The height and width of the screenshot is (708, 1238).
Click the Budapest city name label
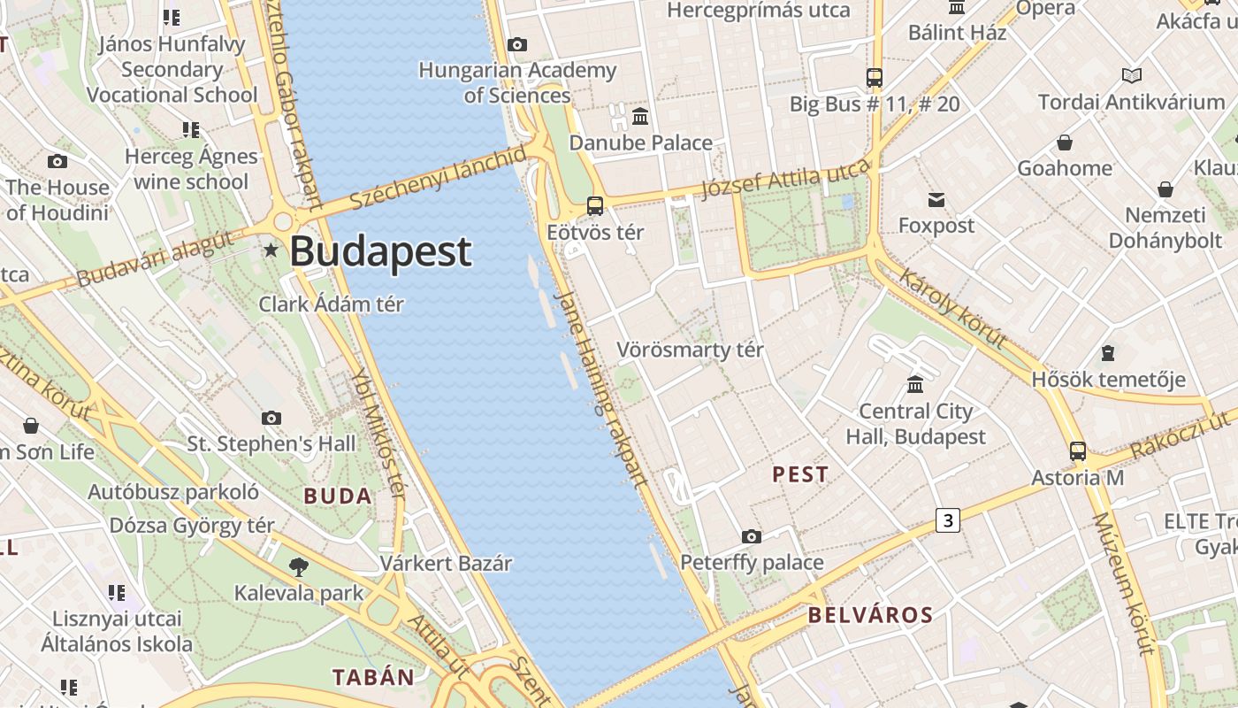pyautogui.click(x=380, y=251)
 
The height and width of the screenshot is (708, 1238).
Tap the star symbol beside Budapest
pyautogui.click(x=271, y=251)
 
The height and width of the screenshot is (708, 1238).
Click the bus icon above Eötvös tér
pyautogui.click(x=595, y=206)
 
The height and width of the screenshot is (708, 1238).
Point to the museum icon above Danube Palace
pyautogui.click(x=640, y=116)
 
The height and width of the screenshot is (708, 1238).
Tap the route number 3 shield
pyautogui.click(x=948, y=520)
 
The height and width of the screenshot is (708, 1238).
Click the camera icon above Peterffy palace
pyautogui.click(x=751, y=536)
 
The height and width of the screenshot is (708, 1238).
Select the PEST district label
pyautogui.click(x=800, y=474)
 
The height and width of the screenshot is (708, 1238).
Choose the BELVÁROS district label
pyautogui.click(x=870, y=615)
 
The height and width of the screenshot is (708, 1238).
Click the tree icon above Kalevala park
pyautogui.click(x=298, y=567)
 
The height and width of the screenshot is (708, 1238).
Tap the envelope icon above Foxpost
pyautogui.click(x=936, y=200)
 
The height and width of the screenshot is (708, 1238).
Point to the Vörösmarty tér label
pyautogui.click(x=690, y=350)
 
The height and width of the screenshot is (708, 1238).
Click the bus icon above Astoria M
pyautogui.click(x=1077, y=451)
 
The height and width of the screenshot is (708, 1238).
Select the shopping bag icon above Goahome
pyautogui.click(x=1065, y=142)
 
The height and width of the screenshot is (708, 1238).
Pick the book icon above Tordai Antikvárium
pyautogui.click(x=1131, y=76)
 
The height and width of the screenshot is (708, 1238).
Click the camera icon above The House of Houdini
pyautogui.click(x=57, y=161)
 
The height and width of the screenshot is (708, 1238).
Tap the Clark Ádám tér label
pyautogui.click(x=331, y=304)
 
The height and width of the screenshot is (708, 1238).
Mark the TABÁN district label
pyautogui.click(x=373, y=677)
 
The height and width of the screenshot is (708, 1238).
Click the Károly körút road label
pyautogui.click(x=952, y=309)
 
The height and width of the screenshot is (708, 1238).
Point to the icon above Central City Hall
pyautogui.click(x=915, y=385)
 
